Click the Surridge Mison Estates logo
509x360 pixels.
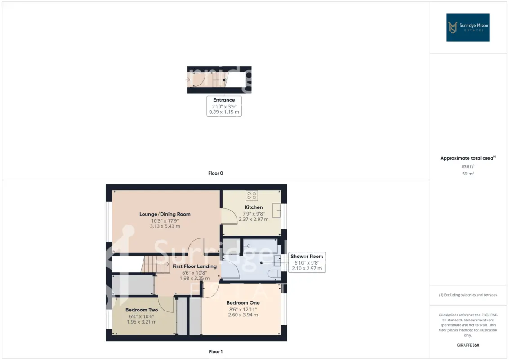(468, 27)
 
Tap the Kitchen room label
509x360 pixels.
(254, 207)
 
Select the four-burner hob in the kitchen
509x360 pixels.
(252, 196)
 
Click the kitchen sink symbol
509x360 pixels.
(277, 210)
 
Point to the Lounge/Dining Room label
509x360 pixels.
(165, 214)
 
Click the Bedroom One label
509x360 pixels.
(243, 303)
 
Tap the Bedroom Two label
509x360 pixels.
(142, 310)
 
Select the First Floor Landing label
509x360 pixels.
(194, 266)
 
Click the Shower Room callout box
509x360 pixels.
(307, 262)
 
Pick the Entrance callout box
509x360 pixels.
(224, 106)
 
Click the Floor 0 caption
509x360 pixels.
(215, 173)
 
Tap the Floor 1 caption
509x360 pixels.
(215, 351)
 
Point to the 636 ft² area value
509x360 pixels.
(468, 166)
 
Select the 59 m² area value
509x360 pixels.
(468, 174)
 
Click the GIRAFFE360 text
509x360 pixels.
(468, 345)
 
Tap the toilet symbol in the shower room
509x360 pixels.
(275, 274)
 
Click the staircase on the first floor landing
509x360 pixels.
(155, 264)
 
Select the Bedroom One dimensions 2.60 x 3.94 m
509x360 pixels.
(243, 315)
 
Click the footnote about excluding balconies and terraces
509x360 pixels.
(468, 295)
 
